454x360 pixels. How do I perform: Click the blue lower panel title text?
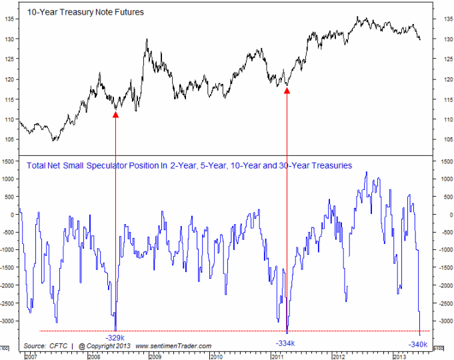coord(189,165)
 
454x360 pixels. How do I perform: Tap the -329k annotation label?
coord(116,337)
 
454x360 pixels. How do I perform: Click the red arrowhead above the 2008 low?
coord(115,115)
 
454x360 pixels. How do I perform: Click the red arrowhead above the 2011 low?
coord(287,90)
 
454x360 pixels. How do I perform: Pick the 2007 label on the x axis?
coord(31,356)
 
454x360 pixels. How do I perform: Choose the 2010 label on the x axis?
coord(215,356)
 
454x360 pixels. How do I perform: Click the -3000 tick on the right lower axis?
coord(442,321)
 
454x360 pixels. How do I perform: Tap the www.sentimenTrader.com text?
coord(173,346)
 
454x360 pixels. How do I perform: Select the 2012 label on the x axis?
coord(339,356)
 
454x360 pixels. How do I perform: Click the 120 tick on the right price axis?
coord(439,79)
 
